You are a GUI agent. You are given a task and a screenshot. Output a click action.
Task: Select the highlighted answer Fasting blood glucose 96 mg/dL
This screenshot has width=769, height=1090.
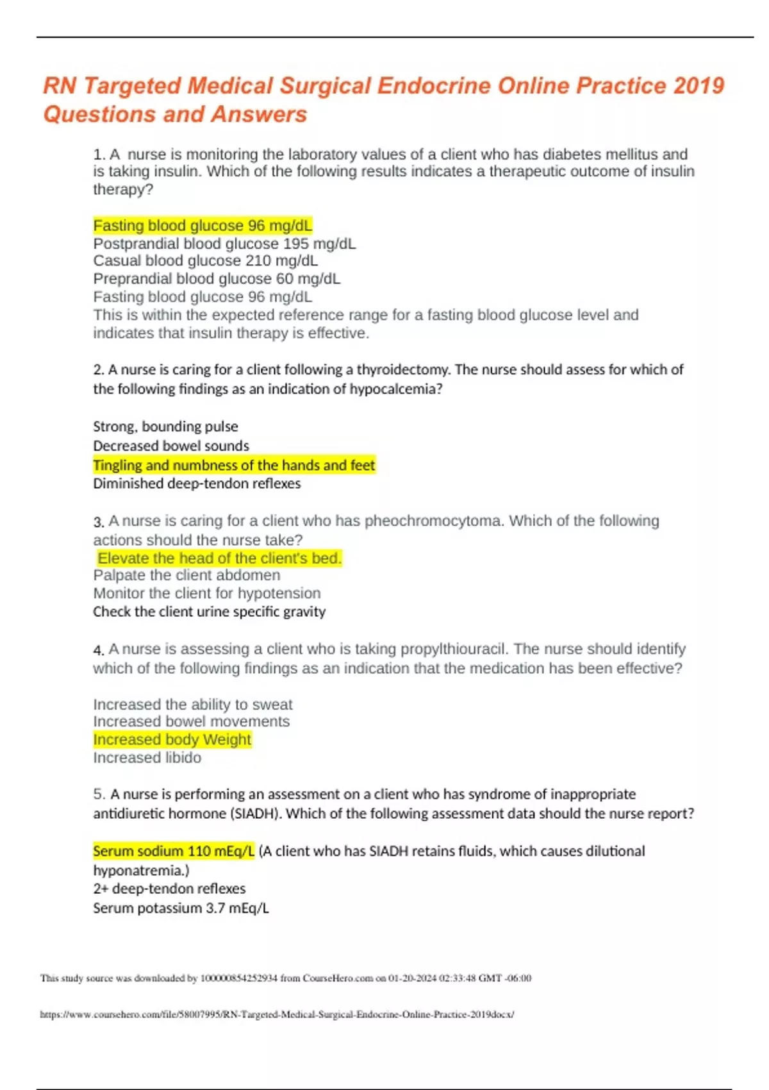point(203,226)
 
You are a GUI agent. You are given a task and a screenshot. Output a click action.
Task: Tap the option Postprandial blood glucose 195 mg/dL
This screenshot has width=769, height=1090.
point(224,244)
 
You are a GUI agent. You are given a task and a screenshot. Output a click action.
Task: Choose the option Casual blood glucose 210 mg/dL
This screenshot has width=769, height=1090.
point(205,261)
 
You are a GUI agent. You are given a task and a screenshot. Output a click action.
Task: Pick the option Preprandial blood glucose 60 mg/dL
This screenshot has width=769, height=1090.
point(217,279)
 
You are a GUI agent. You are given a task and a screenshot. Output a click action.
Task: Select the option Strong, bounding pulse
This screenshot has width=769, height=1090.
point(165,427)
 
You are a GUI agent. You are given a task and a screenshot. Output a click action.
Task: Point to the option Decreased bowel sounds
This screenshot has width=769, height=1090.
point(171,446)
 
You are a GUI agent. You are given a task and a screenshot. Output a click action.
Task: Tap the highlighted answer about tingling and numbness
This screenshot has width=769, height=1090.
point(234,465)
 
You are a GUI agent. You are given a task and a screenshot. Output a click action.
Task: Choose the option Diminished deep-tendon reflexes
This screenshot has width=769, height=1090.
point(197,483)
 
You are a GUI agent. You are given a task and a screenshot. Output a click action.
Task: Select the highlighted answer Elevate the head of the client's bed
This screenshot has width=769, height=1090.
point(219,558)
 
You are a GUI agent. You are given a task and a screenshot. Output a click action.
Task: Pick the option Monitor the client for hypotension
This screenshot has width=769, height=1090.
point(207,594)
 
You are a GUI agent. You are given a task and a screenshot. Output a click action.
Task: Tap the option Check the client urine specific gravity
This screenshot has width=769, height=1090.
point(209,612)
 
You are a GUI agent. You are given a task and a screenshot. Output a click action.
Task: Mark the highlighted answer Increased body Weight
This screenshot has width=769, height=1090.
point(172,740)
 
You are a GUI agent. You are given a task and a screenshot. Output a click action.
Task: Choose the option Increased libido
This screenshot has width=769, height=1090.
point(147,758)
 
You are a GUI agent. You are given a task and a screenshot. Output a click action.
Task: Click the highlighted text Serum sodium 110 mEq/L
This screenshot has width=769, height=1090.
point(174,851)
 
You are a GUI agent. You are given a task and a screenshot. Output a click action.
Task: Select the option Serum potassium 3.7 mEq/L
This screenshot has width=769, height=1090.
point(181,908)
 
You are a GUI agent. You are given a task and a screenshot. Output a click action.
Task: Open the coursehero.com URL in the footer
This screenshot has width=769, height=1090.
point(277,1014)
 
